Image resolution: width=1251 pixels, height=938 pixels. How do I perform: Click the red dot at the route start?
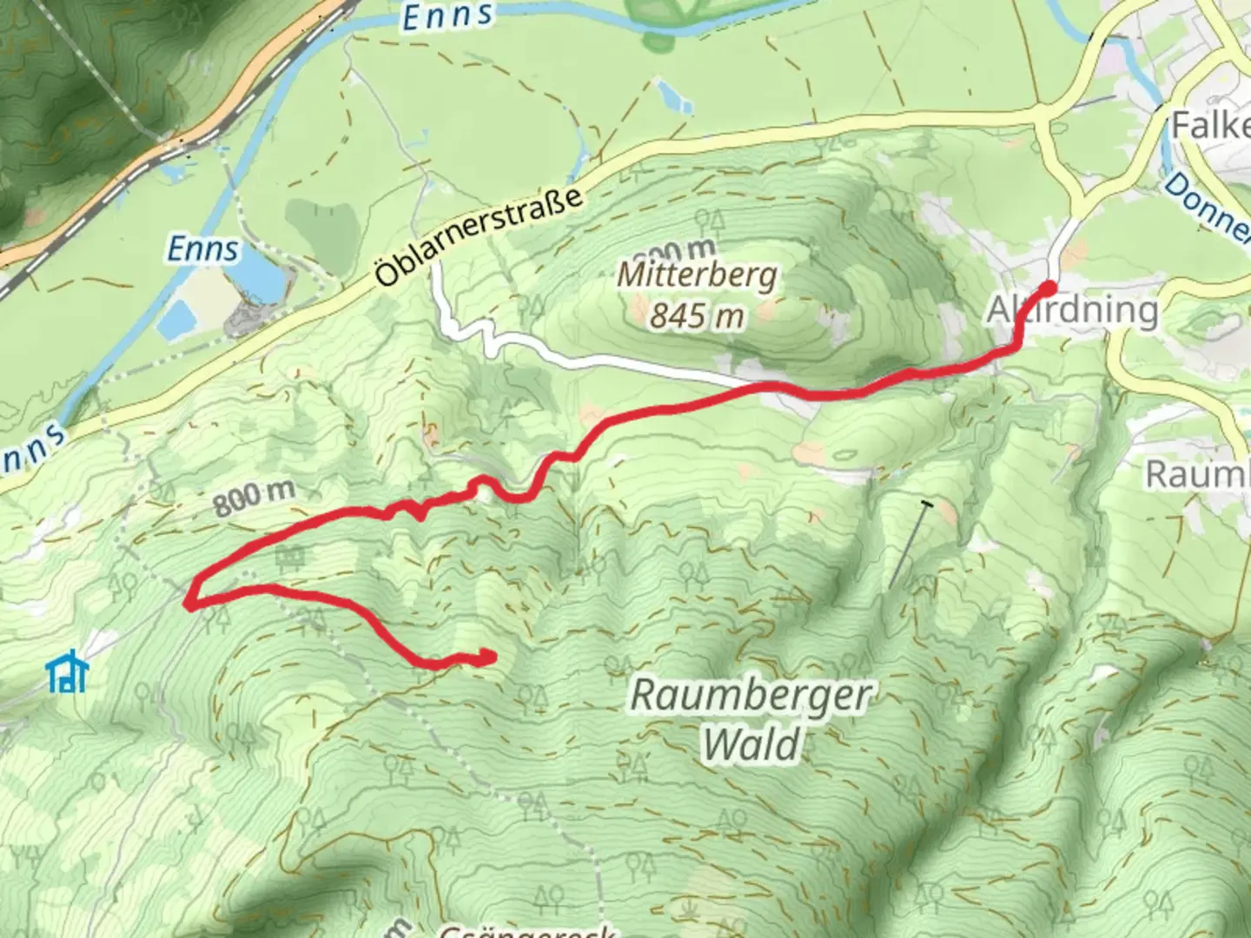click(1049, 288)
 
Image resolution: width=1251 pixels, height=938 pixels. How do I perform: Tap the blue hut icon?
click(67, 671)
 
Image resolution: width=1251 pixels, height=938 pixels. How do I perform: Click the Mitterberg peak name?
click(698, 276)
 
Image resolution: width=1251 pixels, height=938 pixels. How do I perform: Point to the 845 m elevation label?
click(697, 315)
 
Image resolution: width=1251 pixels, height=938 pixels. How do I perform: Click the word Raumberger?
click(751, 696)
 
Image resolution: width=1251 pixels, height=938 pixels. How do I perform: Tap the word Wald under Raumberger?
click(751, 745)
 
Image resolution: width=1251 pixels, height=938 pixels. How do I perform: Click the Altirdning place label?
click(1074, 310)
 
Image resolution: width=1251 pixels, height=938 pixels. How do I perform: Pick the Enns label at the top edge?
click(448, 16)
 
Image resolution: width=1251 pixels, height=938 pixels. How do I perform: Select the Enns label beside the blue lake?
click(202, 249)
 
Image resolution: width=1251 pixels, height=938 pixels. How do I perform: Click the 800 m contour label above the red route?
click(254, 497)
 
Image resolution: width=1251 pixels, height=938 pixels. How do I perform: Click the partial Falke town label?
click(1210, 126)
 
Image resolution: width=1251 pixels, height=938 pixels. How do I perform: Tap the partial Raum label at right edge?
click(1197, 474)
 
